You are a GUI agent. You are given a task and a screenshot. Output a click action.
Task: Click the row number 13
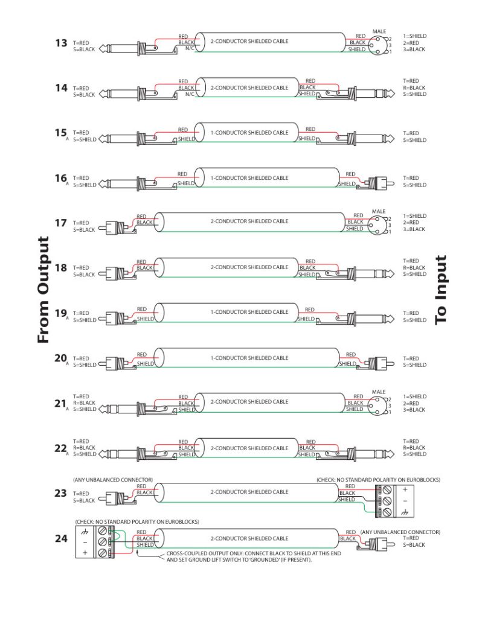tap(61, 43)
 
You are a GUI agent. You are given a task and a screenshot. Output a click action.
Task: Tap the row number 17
tap(61, 223)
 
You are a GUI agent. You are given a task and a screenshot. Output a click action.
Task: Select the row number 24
tap(61, 537)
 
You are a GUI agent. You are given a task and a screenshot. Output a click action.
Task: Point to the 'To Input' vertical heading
tap(442, 290)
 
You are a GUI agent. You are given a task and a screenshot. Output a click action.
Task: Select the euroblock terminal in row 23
tap(384, 500)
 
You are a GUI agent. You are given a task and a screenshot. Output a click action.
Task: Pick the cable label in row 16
tap(249, 178)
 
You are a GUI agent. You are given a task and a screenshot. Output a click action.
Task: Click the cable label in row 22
tap(249, 448)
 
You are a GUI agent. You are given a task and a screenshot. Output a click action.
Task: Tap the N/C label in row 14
tap(189, 94)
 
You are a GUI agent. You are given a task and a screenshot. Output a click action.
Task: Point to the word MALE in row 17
tap(379, 211)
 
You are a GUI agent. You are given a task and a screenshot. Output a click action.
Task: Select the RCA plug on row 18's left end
tap(115, 269)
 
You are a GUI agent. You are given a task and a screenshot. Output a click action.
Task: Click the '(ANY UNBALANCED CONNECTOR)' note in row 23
tap(113, 480)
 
